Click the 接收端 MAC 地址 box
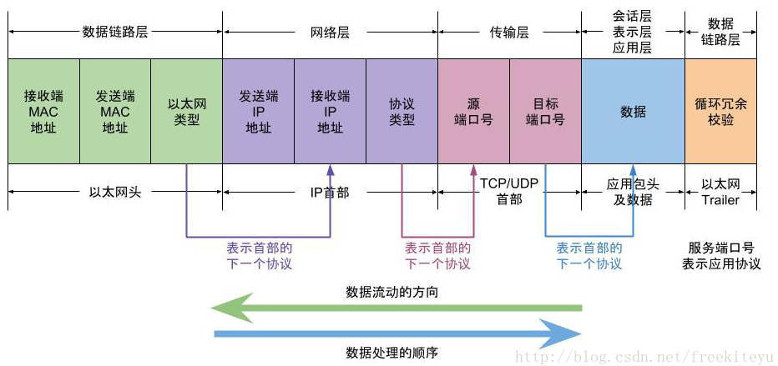pyautogui.click(x=43, y=112)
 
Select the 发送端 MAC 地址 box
pyautogui.click(x=115, y=112)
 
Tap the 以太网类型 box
pyautogui.click(x=186, y=112)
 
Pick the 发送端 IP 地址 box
pyautogui.click(x=259, y=112)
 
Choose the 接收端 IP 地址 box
pyautogui.click(x=331, y=112)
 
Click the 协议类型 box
pyautogui.click(x=402, y=112)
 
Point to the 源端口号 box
pyautogui.click(x=474, y=112)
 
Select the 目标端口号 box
pyautogui.click(x=545, y=112)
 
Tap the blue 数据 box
pyautogui.click(x=633, y=112)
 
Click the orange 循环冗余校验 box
pyautogui.click(x=721, y=112)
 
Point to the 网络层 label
pyautogui.click(x=330, y=33)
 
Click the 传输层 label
pyautogui.click(x=509, y=33)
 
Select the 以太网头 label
pyautogui.click(x=115, y=192)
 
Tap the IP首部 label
pyautogui.click(x=330, y=192)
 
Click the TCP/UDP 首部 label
pyautogui.click(x=509, y=191)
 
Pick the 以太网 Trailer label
pyautogui.click(x=721, y=192)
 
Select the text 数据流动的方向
pyautogui.click(x=392, y=292)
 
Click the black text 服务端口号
pyautogui.click(x=721, y=248)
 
